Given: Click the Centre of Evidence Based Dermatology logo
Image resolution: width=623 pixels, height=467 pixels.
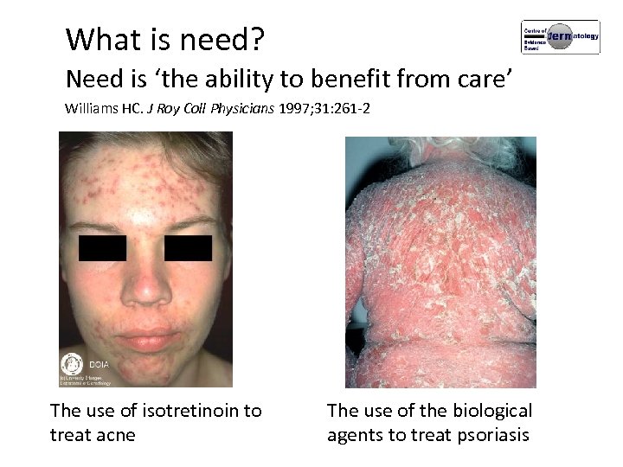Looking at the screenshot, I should tap(560, 37).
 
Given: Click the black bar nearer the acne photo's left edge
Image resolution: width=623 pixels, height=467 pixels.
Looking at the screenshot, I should tap(103, 248).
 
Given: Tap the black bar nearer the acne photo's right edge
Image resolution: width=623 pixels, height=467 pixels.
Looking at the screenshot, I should tap(188, 248).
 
